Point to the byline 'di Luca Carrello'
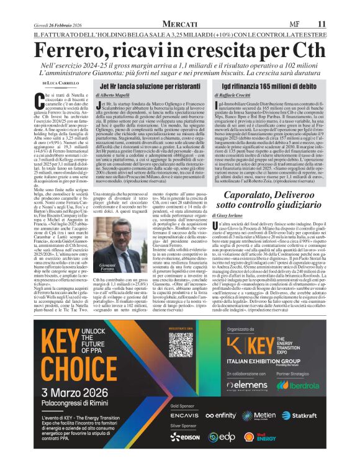pyautogui.click(x=61, y=83)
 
